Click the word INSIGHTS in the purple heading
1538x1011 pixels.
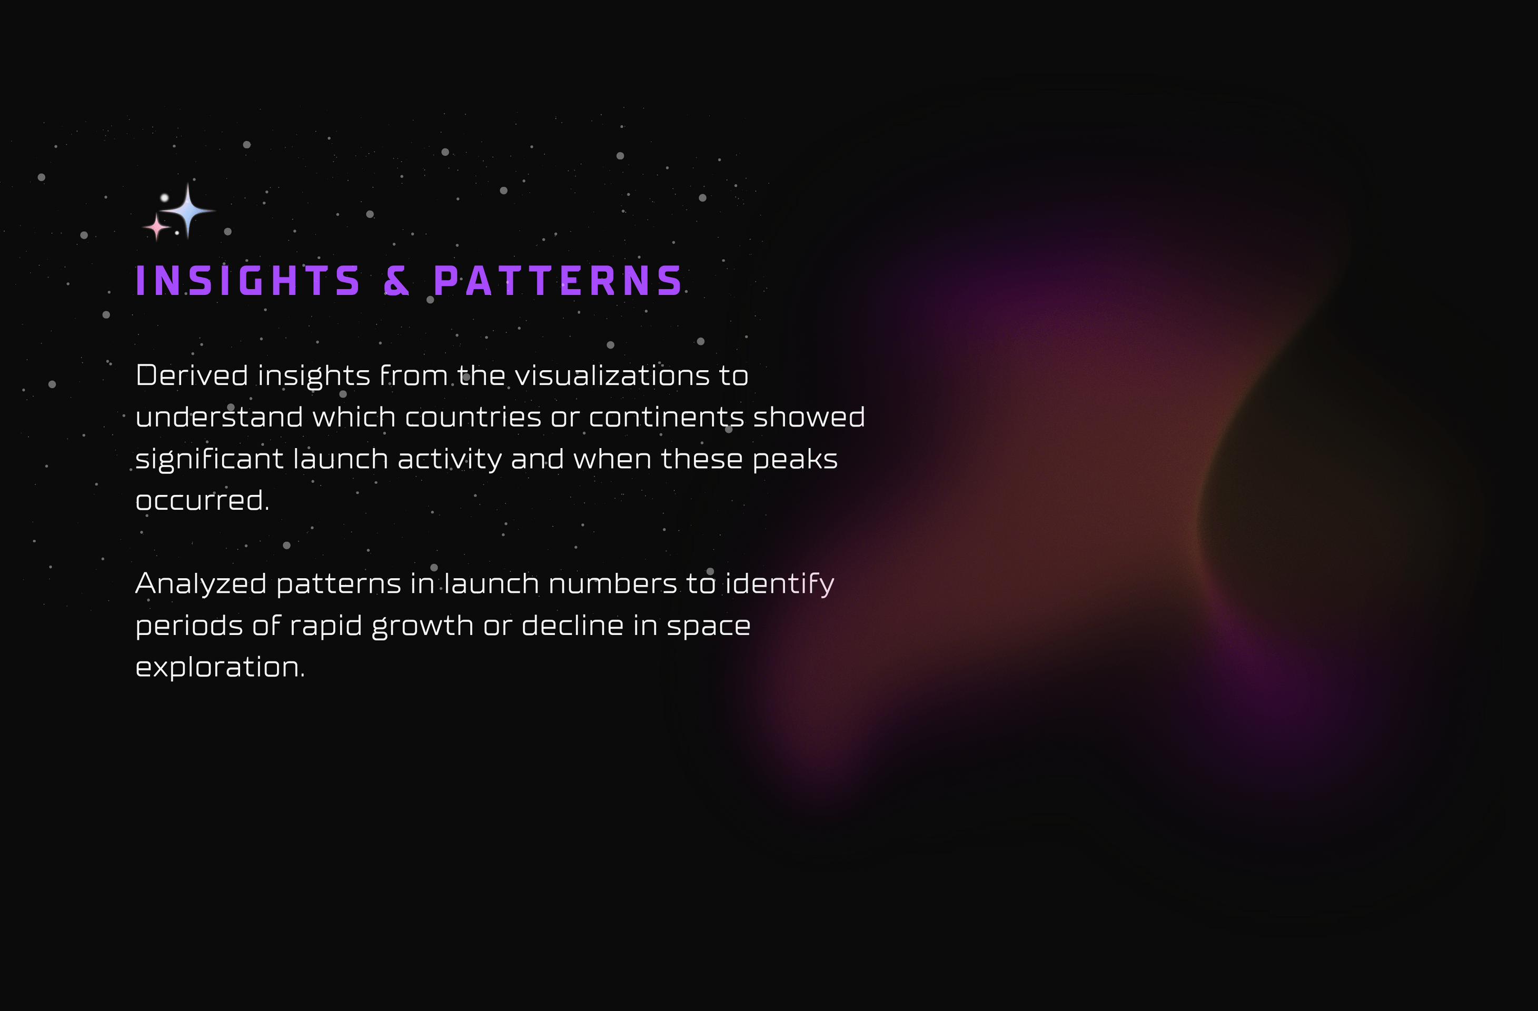247,281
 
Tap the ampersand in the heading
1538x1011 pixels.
396,281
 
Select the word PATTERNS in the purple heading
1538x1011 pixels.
558,281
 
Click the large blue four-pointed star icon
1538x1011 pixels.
187,211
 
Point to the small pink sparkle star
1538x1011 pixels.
156,227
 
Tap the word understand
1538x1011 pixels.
219,417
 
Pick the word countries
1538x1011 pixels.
473,417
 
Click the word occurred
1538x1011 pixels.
202,500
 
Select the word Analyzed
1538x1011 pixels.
201,584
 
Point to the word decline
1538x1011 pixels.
572,626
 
